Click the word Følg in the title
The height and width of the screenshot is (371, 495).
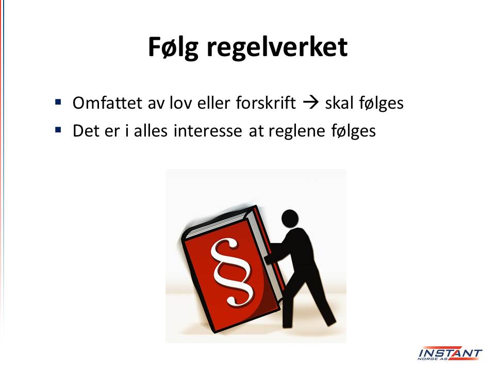tap(173, 47)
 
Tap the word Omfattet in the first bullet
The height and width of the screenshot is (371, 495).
tap(107, 103)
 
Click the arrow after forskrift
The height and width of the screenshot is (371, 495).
tap(311, 103)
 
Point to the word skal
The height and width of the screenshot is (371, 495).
tap(339, 103)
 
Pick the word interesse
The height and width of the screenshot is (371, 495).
tap(208, 130)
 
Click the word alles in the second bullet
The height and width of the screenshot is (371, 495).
tap(151, 130)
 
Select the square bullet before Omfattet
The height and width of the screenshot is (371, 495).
tap(58, 102)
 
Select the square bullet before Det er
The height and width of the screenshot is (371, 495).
tap(58, 130)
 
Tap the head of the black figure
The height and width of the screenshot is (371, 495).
tap(290, 218)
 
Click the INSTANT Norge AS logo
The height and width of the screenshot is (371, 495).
tap(450, 354)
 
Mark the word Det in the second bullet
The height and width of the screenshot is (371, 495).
tap(86, 130)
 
